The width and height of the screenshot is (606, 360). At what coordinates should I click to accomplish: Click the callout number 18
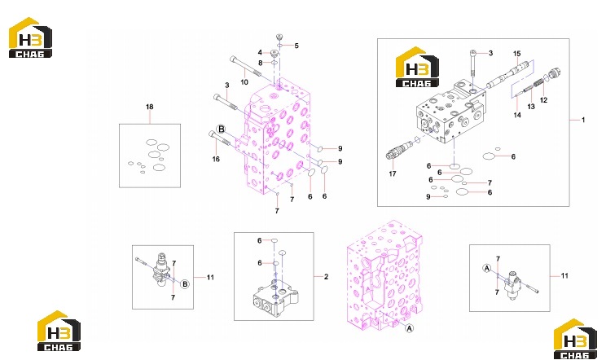(x=150, y=107)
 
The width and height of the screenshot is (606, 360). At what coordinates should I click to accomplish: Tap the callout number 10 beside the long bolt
(x=244, y=82)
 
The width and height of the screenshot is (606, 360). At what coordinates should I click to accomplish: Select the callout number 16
(x=216, y=159)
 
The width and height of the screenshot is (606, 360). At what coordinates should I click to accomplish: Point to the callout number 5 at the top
(x=296, y=46)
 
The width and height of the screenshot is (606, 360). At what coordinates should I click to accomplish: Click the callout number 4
(x=260, y=52)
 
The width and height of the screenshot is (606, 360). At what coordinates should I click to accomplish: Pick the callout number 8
(x=261, y=63)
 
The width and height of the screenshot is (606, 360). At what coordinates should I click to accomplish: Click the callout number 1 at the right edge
(x=583, y=120)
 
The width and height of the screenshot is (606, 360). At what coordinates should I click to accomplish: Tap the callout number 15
(x=517, y=54)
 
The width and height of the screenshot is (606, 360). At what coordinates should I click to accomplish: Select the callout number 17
(x=393, y=173)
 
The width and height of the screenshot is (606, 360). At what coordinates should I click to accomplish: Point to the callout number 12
(x=544, y=100)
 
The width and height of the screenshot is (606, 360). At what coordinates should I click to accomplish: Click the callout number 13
(x=531, y=106)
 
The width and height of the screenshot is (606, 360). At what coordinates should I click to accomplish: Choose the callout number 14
(x=517, y=115)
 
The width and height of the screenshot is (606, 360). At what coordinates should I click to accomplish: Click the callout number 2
(x=326, y=277)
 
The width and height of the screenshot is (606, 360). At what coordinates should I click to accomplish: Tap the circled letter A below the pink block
(x=409, y=328)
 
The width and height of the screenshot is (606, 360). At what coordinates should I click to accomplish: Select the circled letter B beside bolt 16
(x=221, y=129)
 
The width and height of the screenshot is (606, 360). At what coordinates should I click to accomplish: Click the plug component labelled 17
(x=399, y=150)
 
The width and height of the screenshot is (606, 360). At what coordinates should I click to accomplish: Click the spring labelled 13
(x=538, y=82)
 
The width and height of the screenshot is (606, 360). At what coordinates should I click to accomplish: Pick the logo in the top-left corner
(x=30, y=37)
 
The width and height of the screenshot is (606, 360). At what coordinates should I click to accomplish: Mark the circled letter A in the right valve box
(x=487, y=268)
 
